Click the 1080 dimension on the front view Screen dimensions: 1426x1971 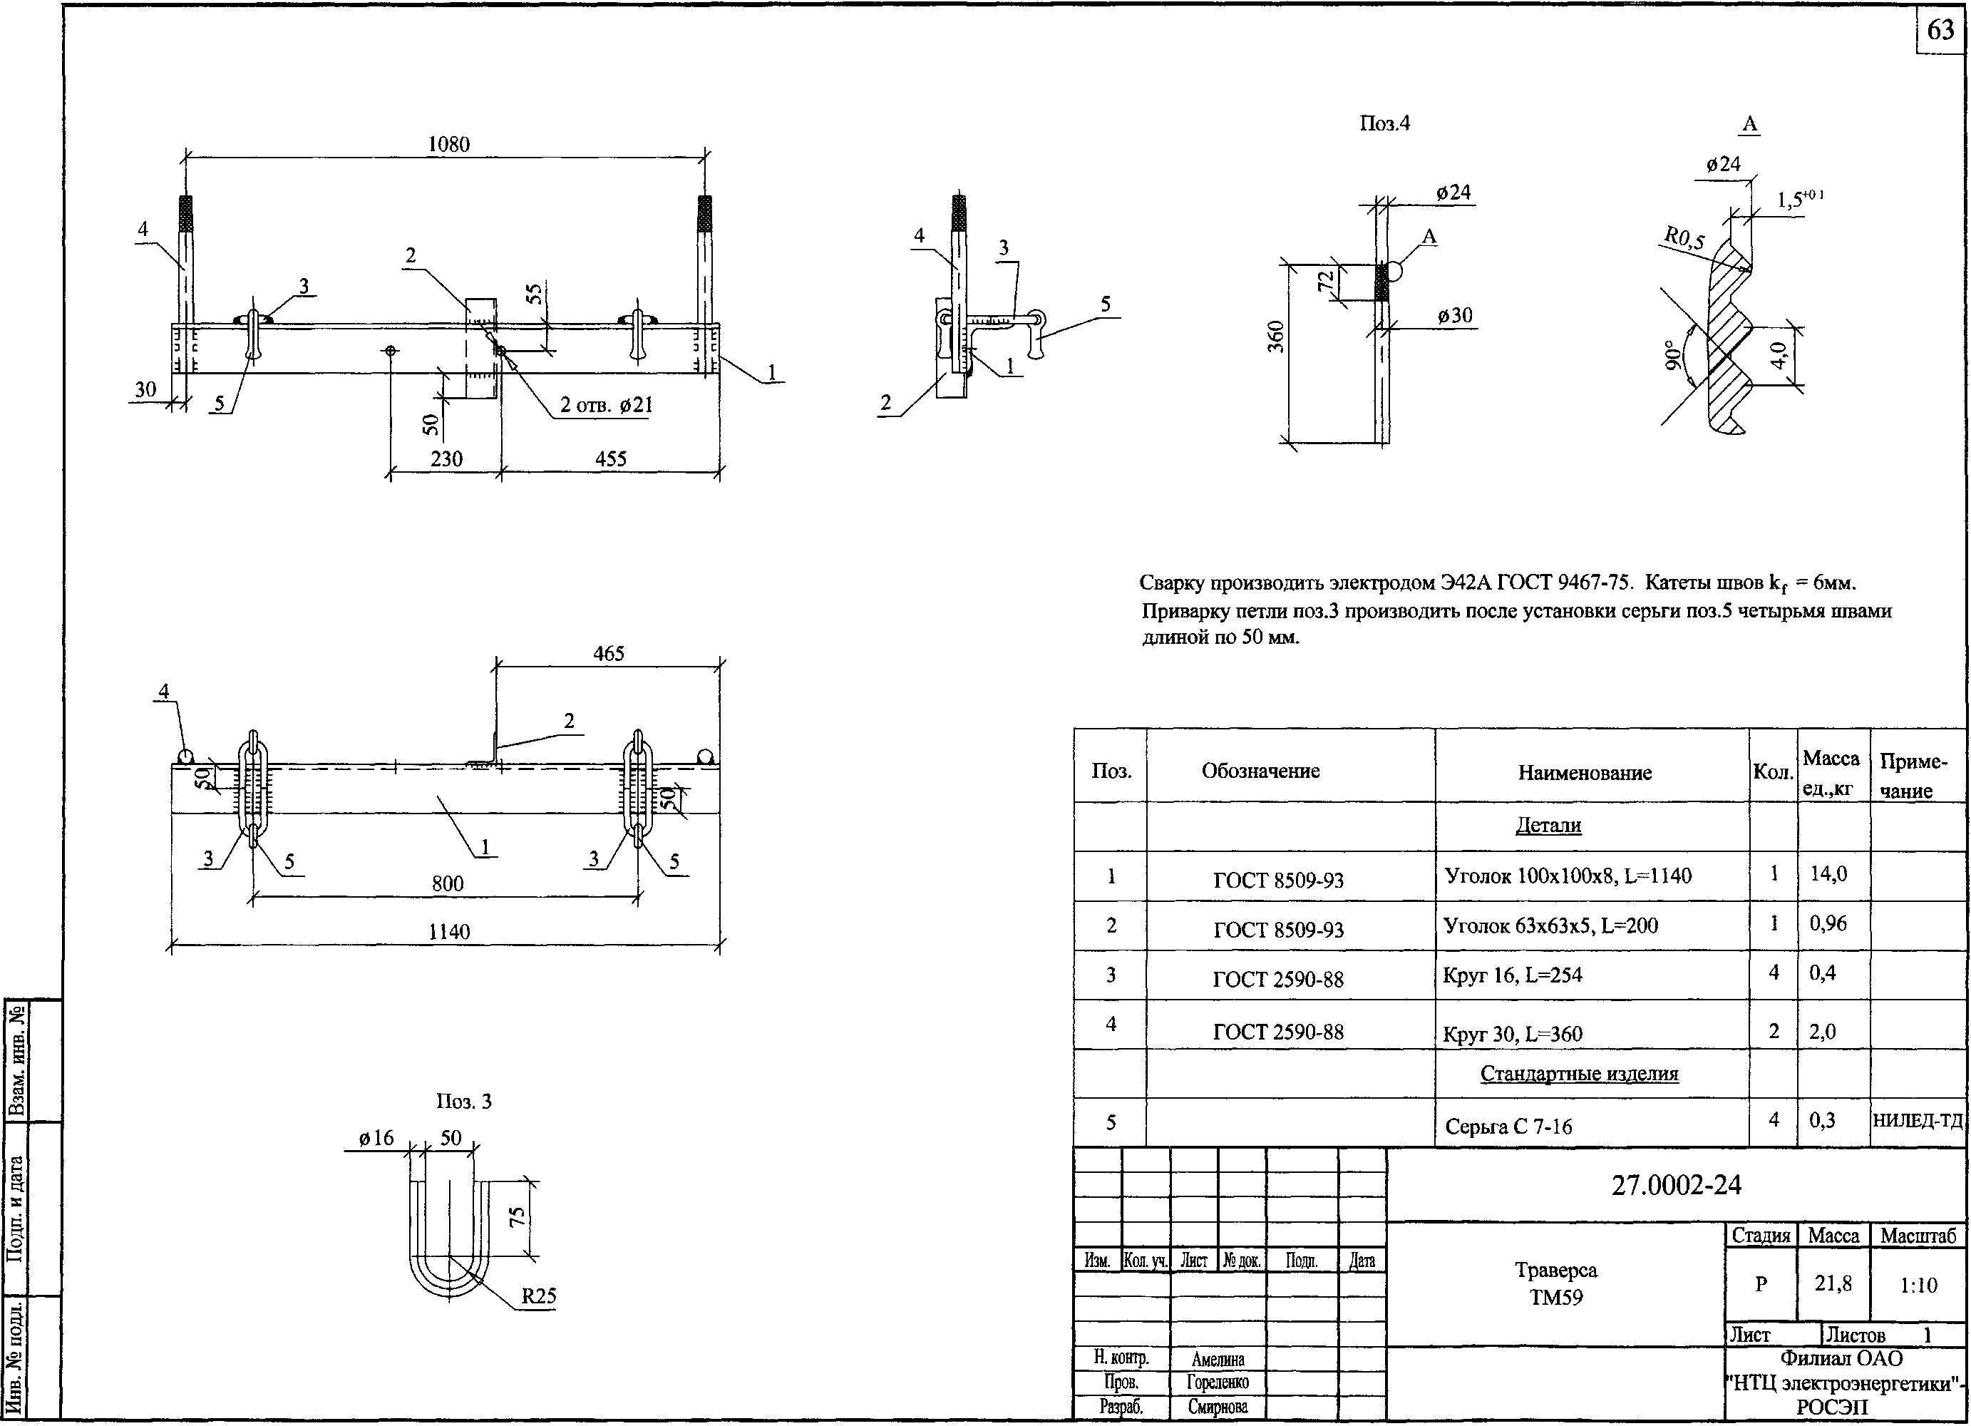pos(448,144)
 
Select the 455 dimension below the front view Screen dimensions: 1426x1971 pos(610,459)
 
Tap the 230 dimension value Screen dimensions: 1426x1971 pos(446,459)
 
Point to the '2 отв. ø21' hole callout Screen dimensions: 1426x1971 pos(606,405)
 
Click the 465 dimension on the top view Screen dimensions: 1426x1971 pos(608,654)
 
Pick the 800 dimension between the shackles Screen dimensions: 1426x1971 pos(448,883)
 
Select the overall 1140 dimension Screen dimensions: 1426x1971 pos(448,933)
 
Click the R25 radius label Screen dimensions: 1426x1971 pos(538,1296)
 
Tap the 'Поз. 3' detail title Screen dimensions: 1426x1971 pos(463,1102)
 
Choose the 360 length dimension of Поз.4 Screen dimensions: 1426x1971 pos(1275,337)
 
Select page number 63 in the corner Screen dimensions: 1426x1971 pos(1940,31)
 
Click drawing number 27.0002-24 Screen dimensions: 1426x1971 pos(1677,1185)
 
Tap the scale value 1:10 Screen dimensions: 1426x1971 pos(1918,1286)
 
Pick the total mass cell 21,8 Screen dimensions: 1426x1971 pos(1833,1283)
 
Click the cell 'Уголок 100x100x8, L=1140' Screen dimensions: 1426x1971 pos(1568,876)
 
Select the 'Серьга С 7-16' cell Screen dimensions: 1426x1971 pos(1508,1127)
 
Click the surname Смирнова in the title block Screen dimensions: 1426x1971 pos(1218,1407)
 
